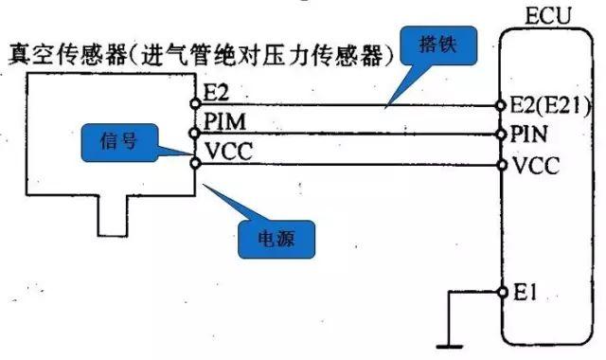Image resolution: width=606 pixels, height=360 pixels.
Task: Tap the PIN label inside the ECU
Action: click(527, 131)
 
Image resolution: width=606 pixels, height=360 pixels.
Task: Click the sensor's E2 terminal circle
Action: click(196, 102)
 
